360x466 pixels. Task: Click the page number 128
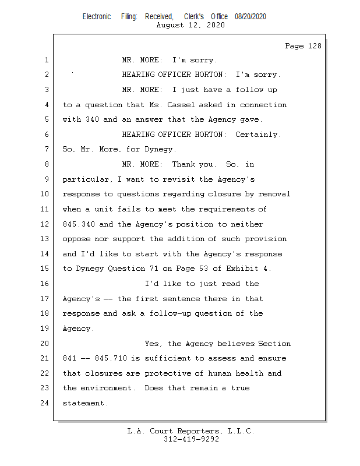pyautogui.click(x=312, y=46)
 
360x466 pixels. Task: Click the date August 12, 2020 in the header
pyautogui.click(x=191, y=25)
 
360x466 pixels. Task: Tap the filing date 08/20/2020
pyautogui.click(x=250, y=16)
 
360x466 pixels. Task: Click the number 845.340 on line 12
pyautogui.click(x=78, y=224)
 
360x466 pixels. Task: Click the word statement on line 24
pyautogui.click(x=85, y=403)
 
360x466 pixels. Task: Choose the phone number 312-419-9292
pyautogui.click(x=191, y=439)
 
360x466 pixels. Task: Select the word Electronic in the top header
pyautogui.click(x=97, y=16)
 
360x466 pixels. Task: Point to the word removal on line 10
pyautogui.click(x=274, y=194)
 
